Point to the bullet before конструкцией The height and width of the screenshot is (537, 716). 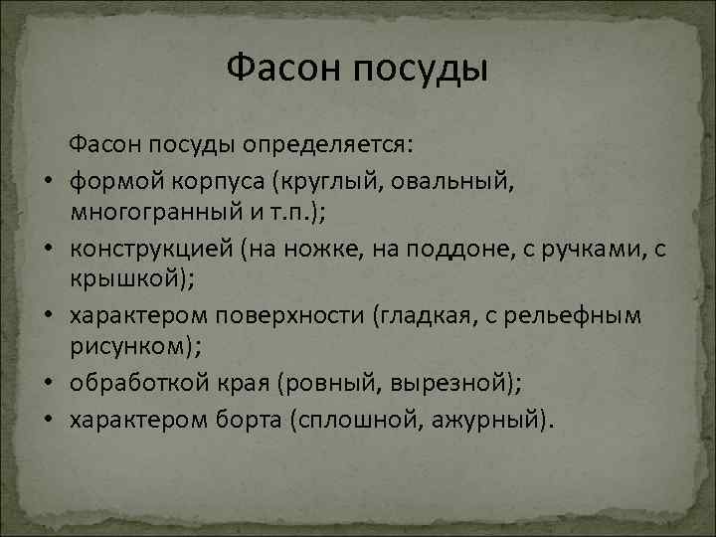point(47,250)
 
